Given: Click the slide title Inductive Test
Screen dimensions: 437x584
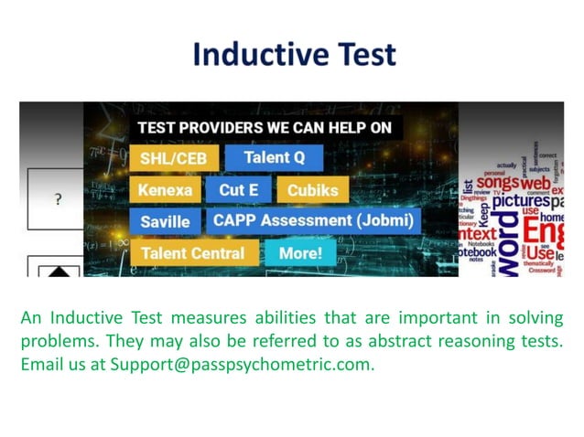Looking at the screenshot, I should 294,55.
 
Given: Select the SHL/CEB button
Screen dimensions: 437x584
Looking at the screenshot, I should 174,159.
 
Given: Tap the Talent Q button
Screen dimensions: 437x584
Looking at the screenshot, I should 274,157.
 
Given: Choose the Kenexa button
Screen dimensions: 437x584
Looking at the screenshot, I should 165,190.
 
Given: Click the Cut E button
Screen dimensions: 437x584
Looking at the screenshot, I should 238,190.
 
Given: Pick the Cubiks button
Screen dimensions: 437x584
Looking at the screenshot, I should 312,190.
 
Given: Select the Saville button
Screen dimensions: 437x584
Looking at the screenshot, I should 165,221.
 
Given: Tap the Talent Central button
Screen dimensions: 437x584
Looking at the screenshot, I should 192,252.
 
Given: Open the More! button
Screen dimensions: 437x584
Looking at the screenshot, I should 299,252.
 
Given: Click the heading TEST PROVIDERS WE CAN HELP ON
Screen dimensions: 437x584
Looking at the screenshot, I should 263,128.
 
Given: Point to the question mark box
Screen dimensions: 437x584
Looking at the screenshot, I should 58,199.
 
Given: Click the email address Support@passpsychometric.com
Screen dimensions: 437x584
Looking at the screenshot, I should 242,364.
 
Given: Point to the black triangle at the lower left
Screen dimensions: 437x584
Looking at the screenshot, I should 58,270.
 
